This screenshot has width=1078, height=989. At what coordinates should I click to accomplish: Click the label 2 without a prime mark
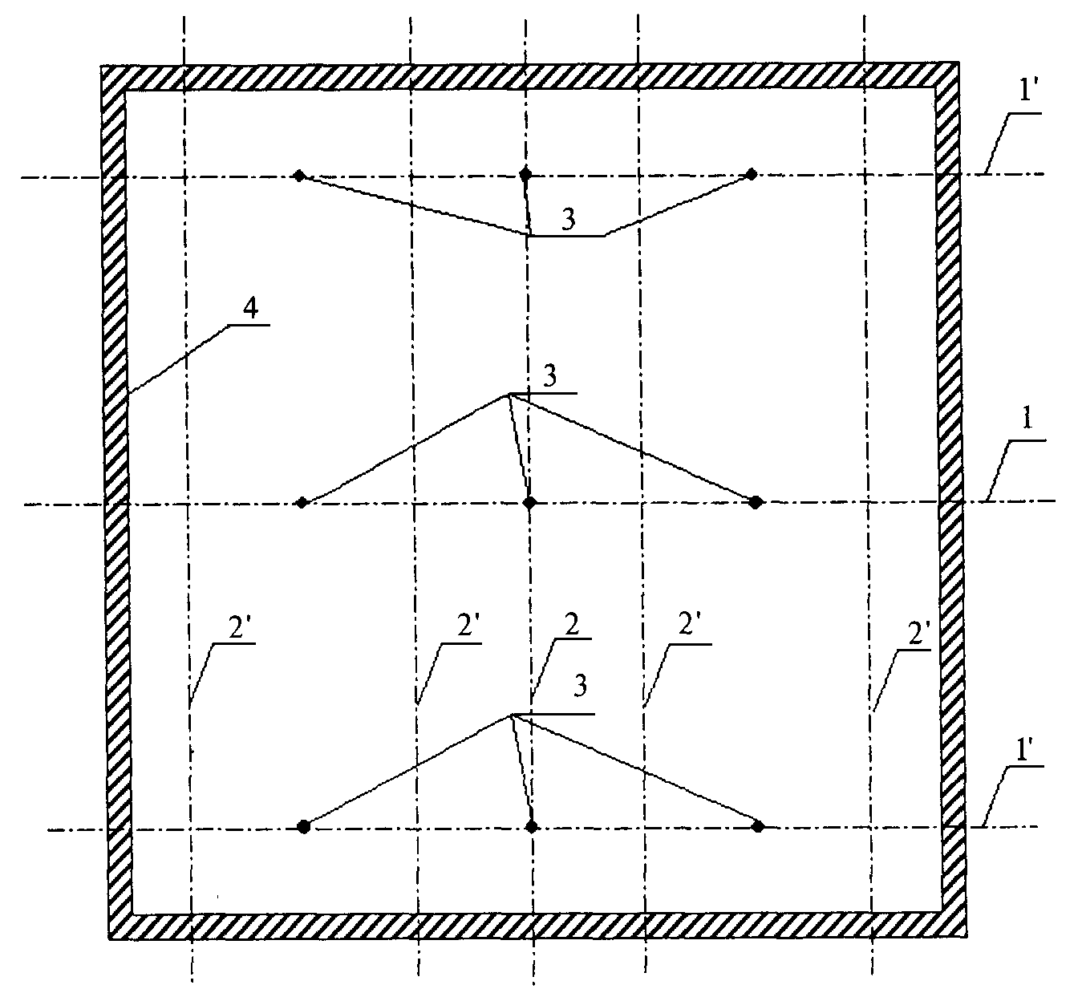[570, 626]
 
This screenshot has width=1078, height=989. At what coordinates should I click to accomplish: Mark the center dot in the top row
[525, 173]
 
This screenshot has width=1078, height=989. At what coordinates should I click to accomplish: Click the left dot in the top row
[299, 175]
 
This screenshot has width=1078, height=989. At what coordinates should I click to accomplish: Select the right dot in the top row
[752, 173]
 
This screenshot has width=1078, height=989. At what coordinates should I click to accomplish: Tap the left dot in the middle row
[302, 503]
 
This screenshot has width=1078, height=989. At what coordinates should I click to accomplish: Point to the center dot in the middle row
[529, 503]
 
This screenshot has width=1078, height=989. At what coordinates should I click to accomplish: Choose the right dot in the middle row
[756, 502]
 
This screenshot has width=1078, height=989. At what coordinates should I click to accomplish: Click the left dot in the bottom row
[303, 826]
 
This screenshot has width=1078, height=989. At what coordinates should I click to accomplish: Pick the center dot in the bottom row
[531, 826]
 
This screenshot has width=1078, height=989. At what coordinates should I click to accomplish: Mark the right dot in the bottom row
[758, 825]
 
